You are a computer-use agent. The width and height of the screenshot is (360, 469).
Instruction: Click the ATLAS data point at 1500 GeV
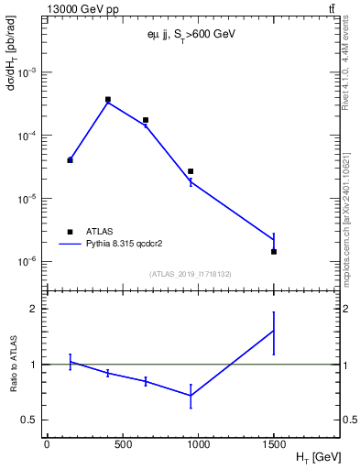coord(274,251)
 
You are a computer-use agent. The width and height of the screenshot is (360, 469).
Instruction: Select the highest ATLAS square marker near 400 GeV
coord(108,99)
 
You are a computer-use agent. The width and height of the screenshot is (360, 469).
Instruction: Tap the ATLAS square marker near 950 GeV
coord(191,171)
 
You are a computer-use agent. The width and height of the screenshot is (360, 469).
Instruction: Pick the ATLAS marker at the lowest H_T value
coord(70,160)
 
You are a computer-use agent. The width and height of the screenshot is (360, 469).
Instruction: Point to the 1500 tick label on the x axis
coord(274,445)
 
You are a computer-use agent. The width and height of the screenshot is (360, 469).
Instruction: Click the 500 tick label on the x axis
coord(123,445)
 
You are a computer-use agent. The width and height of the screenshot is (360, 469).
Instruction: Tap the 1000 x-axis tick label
coord(198,445)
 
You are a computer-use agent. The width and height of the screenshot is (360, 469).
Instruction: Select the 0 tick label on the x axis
coord(47,445)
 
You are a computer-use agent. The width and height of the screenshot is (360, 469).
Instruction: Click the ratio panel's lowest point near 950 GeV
coord(191,395)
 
